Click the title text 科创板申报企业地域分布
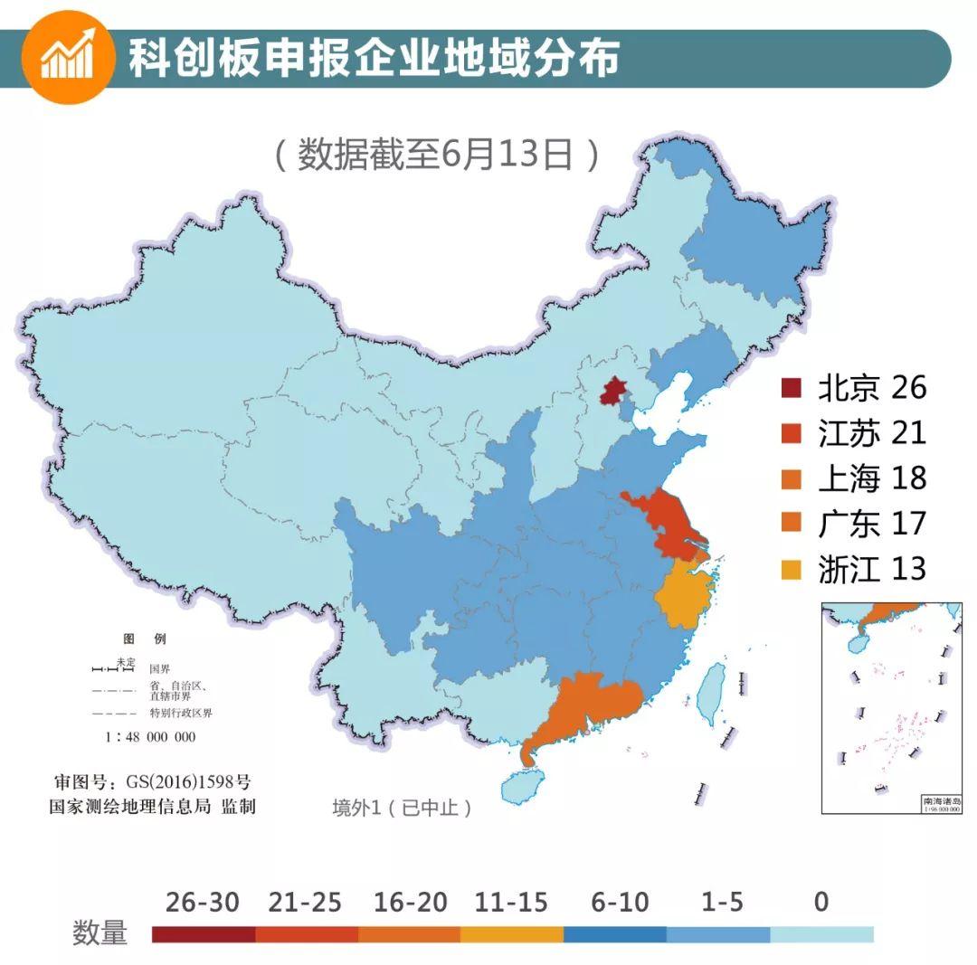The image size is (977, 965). [x=373, y=58]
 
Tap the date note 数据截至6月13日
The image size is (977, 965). [x=436, y=155]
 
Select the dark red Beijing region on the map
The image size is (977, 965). [x=615, y=393]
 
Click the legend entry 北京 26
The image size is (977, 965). [x=854, y=388]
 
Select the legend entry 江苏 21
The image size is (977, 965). [x=854, y=433]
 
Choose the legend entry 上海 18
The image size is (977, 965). [x=854, y=478]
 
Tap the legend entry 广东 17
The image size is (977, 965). [x=854, y=524]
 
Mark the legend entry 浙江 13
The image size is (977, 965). [x=854, y=569]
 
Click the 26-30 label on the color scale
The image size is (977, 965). [x=203, y=902]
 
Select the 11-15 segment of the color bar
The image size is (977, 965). [x=511, y=934]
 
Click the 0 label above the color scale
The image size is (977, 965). [x=820, y=902]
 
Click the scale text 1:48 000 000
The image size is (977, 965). [x=150, y=737]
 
